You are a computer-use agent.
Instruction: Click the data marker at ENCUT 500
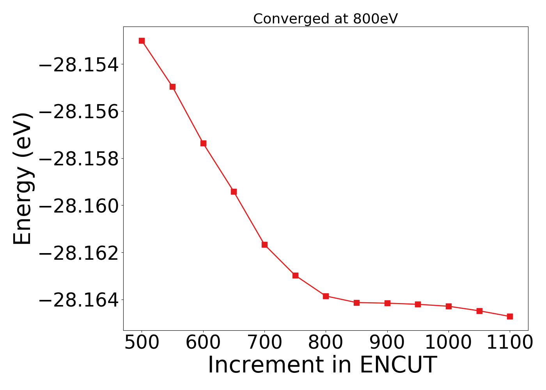tap(142, 41)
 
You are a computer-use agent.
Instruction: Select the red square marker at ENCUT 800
tap(326, 296)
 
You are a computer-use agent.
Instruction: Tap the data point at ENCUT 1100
tap(510, 316)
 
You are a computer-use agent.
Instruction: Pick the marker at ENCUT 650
tap(234, 191)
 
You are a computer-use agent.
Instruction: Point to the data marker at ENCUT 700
tap(264, 245)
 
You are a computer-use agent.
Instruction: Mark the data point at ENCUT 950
tap(418, 304)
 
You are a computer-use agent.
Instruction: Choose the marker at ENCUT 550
tap(172, 87)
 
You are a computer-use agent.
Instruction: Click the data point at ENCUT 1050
tap(479, 311)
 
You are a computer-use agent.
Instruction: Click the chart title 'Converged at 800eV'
tap(325, 19)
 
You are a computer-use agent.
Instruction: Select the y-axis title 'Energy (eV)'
tap(22, 179)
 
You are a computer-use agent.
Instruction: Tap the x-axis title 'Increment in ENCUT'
tap(322, 365)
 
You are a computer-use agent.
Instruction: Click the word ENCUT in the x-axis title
tap(397, 365)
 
